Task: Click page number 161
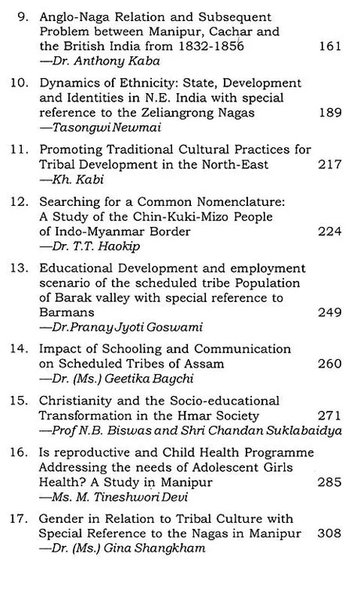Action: pyautogui.click(x=330, y=47)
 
